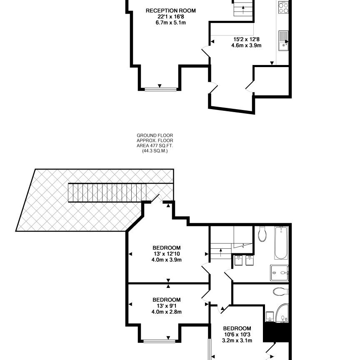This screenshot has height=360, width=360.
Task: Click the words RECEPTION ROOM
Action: (170, 10)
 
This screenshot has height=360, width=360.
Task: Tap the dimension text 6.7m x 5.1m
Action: (170, 22)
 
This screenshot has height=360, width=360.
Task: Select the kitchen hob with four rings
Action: (283, 7)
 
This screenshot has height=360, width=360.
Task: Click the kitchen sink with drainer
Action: (283, 40)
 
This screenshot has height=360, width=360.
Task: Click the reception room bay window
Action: (160, 88)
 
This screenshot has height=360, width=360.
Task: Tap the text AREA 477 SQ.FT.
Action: (155, 146)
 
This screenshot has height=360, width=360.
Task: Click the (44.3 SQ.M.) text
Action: (155, 151)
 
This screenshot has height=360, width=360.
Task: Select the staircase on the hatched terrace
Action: (107, 193)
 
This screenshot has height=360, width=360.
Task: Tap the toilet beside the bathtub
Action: (262, 234)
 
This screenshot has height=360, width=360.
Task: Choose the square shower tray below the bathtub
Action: (279, 273)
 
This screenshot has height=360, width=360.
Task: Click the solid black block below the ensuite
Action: (277, 332)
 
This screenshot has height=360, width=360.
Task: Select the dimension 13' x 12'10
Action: (167, 253)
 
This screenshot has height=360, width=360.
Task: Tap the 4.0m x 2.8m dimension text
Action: (167, 312)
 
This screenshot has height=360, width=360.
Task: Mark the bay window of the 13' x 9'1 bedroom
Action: (160, 341)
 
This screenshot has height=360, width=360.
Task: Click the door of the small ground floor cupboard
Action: (250, 86)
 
